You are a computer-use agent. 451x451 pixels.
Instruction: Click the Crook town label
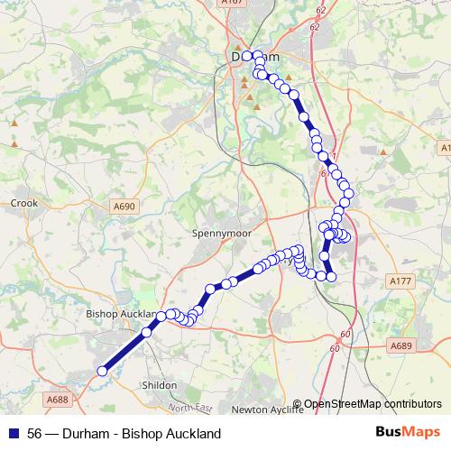(24, 204)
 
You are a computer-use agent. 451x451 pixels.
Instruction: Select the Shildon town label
(160, 385)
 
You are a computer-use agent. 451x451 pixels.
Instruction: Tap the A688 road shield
(58, 399)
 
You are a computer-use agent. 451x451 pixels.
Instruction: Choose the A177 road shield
(401, 281)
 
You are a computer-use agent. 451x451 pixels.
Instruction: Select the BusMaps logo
(407, 433)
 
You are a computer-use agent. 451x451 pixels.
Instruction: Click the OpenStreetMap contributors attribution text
(372, 404)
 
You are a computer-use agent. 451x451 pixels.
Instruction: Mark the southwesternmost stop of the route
(102, 370)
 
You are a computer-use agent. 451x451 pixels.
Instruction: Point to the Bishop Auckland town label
(119, 314)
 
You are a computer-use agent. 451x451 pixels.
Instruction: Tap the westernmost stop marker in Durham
(247, 56)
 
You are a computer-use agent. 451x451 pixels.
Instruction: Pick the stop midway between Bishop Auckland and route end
(146, 333)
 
